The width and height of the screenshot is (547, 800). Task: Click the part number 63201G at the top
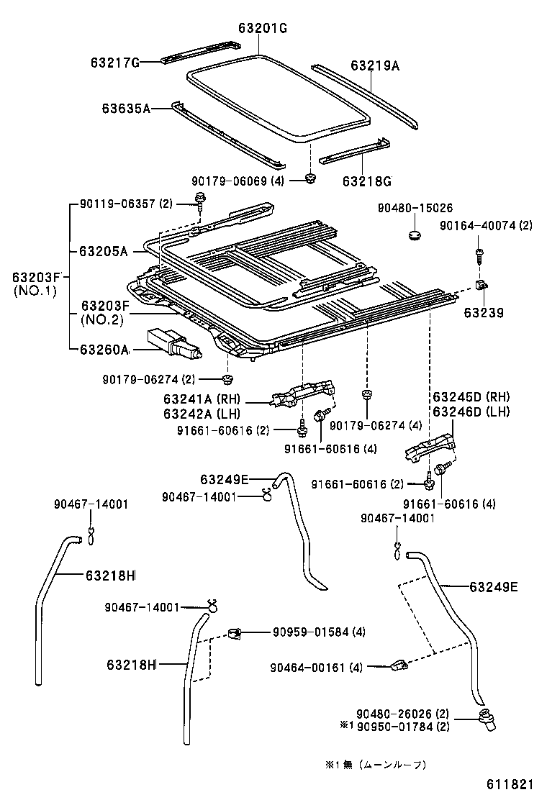coord(263,28)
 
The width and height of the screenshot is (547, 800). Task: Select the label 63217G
coord(114,63)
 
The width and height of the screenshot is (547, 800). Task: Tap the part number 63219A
coord(375,65)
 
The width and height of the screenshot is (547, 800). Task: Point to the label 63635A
coord(126,109)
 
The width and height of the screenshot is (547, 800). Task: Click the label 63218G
coord(366,180)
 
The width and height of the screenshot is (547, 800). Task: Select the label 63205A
coord(103,251)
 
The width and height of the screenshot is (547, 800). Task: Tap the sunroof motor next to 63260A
coord(173,343)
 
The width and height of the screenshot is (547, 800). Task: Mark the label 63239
coord(483,313)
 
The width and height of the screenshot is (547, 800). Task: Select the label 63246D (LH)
coord(471,412)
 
